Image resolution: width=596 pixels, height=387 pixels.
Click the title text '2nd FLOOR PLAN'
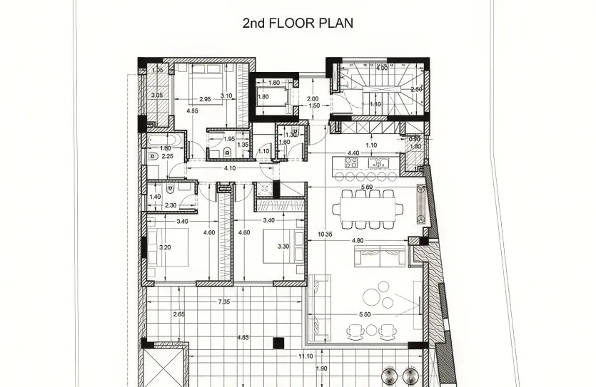(298, 23)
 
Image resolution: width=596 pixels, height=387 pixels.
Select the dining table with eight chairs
(368, 209)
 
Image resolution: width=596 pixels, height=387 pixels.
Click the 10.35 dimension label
(325, 233)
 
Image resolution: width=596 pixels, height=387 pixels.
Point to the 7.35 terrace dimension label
(223, 302)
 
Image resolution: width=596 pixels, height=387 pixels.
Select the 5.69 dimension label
(368, 187)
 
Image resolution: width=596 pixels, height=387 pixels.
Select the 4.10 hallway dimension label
(230, 168)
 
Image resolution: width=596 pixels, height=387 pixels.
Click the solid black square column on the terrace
(278, 344)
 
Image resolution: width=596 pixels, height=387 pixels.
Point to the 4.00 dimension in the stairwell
(382, 68)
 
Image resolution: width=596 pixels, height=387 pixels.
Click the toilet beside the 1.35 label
(227, 151)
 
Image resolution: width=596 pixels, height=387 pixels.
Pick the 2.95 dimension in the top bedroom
(205, 99)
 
